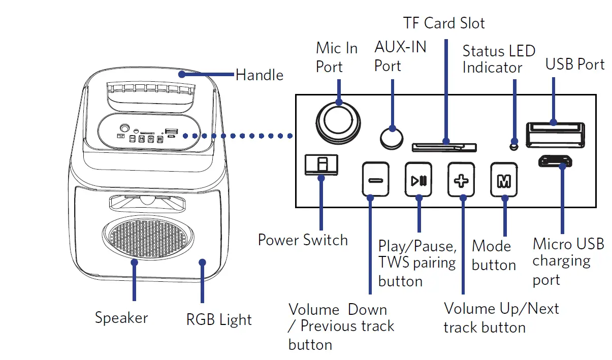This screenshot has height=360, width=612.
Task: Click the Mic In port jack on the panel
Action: tap(338, 122)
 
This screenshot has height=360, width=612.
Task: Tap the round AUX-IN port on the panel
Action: tap(392, 137)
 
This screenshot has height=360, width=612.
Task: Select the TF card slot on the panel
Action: tap(444, 147)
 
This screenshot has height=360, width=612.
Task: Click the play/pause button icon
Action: tap(418, 179)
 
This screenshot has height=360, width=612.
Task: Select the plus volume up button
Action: tap(461, 179)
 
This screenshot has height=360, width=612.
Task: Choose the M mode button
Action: tap(504, 179)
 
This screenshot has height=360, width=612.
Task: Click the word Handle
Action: tap(260, 75)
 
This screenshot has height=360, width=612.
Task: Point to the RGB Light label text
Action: tap(219, 320)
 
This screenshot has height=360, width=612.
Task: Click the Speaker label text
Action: tap(121, 318)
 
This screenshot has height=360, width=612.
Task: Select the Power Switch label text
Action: tap(303, 240)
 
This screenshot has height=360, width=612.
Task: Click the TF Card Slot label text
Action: tap(444, 23)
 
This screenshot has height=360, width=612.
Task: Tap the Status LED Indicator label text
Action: tap(498, 59)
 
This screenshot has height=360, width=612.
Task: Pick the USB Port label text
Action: tap(575, 64)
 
